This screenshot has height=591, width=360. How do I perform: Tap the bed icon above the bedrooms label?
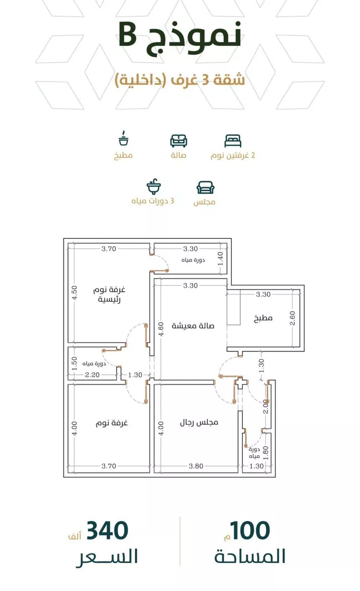[x=233, y=141]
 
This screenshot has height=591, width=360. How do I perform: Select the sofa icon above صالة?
[x=179, y=141]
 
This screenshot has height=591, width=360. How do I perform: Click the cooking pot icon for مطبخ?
[x=123, y=139]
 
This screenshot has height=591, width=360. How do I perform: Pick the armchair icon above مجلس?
[x=205, y=187]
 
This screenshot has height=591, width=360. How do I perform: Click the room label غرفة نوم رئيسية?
[x=111, y=295]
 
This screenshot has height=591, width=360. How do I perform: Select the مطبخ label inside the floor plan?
[x=263, y=318]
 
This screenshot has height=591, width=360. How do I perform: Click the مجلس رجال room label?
[x=199, y=423]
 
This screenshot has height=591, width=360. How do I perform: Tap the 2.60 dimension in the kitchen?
[x=293, y=318]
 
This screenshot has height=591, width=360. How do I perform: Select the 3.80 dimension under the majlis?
[x=196, y=465]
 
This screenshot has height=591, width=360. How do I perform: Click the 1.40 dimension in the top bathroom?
[x=221, y=259]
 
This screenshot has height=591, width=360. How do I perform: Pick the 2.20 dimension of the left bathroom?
[x=92, y=375]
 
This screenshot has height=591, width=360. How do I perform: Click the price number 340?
[x=108, y=531]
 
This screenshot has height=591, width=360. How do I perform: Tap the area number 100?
[x=250, y=531]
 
